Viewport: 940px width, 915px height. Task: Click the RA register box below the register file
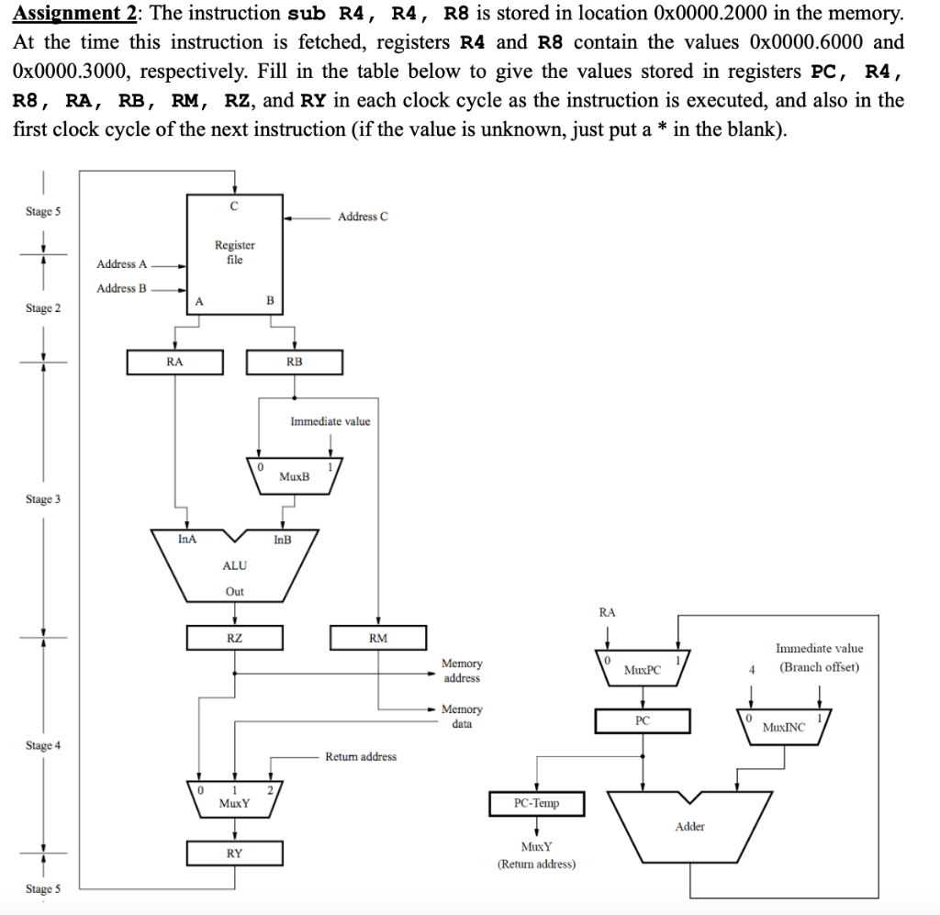point(174,363)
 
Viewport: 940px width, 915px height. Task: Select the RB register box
point(294,363)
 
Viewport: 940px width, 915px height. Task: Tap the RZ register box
point(234,637)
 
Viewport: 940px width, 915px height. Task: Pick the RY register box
point(234,854)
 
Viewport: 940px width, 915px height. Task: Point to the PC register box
point(642,721)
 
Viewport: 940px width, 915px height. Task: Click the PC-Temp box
point(536,803)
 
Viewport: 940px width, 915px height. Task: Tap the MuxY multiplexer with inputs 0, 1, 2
point(234,798)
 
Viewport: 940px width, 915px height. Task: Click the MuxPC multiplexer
point(642,667)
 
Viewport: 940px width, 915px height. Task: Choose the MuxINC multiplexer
point(783,725)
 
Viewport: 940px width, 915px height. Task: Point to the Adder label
point(689,827)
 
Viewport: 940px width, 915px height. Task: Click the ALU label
point(234,566)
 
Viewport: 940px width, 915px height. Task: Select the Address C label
point(363,217)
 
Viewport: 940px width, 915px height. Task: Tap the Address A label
point(121,264)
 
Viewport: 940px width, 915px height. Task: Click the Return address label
point(361,757)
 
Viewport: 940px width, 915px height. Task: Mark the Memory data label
point(462,716)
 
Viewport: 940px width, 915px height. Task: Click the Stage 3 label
point(43,499)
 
